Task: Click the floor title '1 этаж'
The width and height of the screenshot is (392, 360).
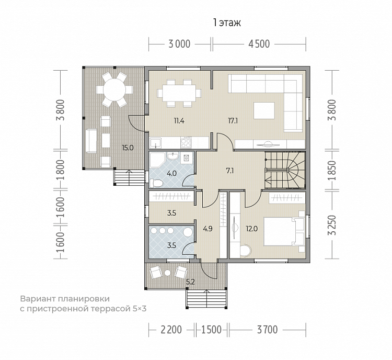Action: point(227,23)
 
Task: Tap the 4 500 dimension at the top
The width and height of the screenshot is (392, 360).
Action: point(259,44)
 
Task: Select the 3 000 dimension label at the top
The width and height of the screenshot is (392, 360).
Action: point(179,44)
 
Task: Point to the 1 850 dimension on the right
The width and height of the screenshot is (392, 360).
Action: point(333,171)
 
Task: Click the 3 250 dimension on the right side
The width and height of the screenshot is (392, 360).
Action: point(333,225)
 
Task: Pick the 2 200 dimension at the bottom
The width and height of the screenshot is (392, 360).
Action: point(171,330)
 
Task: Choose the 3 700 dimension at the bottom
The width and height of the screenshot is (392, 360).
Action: point(268,330)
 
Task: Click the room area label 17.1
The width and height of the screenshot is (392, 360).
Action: point(233,121)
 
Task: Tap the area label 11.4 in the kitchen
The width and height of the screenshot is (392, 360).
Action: point(179,121)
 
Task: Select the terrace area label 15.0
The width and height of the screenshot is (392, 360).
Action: point(128,148)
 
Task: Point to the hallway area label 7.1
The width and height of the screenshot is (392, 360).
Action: point(230,171)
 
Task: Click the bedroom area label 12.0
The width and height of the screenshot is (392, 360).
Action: point(251,229)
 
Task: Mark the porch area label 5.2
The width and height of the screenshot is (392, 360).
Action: point(190,282)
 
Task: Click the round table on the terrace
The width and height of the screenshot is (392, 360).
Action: point(114,89)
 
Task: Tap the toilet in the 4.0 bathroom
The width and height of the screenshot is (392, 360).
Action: point(156,183)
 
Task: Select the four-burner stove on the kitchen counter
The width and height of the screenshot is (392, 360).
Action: point(186,142)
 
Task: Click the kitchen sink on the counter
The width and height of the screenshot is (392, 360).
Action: point(156,143)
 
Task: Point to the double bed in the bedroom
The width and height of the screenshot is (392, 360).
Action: point(284,232)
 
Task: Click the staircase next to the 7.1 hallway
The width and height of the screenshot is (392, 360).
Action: point(285,170)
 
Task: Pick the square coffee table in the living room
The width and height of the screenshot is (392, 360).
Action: point(264,110)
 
